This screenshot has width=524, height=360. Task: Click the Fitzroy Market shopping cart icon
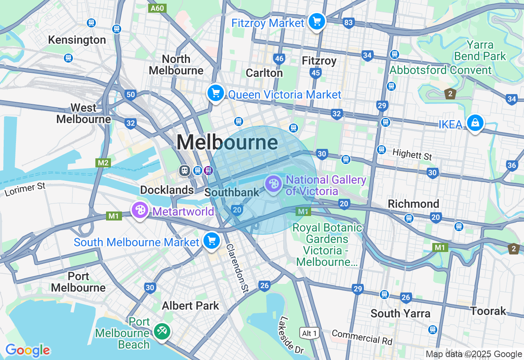[x=316, y=21]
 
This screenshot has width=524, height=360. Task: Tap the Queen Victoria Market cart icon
[x=216, y=93]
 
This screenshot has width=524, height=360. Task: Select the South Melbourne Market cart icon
[x=212, y=241]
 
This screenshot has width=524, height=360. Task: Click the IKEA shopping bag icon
[x=475, y=123]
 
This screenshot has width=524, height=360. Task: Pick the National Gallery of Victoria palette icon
[x=273, y=184]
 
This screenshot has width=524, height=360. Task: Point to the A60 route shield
[x=157, y=8]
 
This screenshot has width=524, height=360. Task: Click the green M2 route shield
[x=103, y=163]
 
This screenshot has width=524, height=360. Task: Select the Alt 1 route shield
[x=309, y=333]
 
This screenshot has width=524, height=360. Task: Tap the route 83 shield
[x=348, y=22]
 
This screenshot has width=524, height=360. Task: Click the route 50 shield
[x=130, y=95]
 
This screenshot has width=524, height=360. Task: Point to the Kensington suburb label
[x=77, y=40]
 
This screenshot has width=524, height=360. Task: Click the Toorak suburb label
[x=488, y=311]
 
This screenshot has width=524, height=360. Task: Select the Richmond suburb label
[x=413, y=204]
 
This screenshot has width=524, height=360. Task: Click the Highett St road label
[x=412, y=155]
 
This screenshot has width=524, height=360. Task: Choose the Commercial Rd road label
[x=362, y=337]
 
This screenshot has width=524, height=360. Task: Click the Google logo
[x=27, y=350]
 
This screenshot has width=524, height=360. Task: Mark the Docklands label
[x=167, y=190]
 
